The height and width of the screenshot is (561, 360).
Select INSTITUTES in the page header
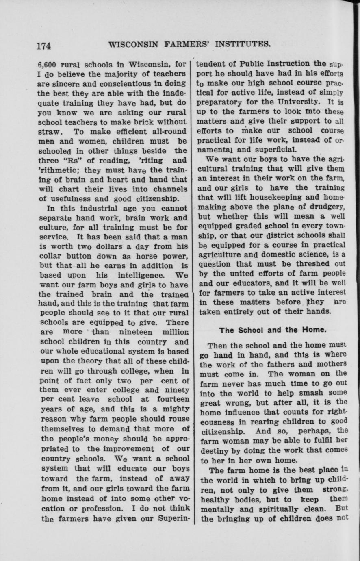pos(239,43)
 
